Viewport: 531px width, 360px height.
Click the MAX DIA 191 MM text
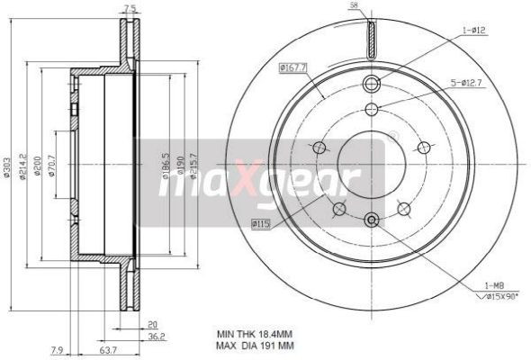pyautogui.click(x=255, y=346)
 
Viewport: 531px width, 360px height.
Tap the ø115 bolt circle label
pyautogui.click(x=261, y=222)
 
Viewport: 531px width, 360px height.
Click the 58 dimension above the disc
pyautogui.click(x=354, y=6)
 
